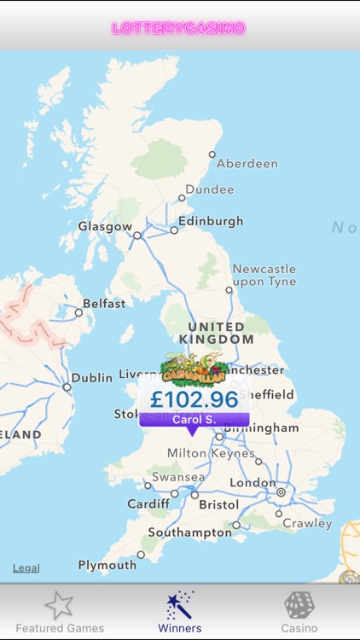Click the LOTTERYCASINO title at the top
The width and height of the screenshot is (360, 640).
coord(178,28)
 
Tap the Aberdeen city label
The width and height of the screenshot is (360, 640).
coord(247,163)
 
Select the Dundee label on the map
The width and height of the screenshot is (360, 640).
coord(209,189)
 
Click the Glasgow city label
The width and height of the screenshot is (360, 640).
coord(105,227)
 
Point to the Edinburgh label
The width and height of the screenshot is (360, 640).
coord(211,221)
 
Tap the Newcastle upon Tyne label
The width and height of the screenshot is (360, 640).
coord(264,275)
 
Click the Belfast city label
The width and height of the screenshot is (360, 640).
coord(104,304)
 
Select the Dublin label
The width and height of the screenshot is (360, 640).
coord(92,377)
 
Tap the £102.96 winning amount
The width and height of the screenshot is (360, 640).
coord(194,399)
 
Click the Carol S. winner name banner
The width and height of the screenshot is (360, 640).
coord(194,420)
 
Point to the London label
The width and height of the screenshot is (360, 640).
coord(253,483)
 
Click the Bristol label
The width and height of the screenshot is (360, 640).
coord(219,505)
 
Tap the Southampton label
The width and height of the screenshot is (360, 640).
coord(189,532)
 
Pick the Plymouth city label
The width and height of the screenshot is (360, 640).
coord(107,565)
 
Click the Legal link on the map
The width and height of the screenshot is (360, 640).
coord(26,568)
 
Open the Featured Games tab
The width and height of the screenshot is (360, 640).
coord(60,612)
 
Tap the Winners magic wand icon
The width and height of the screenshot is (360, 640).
coord(180,606)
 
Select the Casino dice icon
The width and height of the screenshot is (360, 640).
coord(299,606)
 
